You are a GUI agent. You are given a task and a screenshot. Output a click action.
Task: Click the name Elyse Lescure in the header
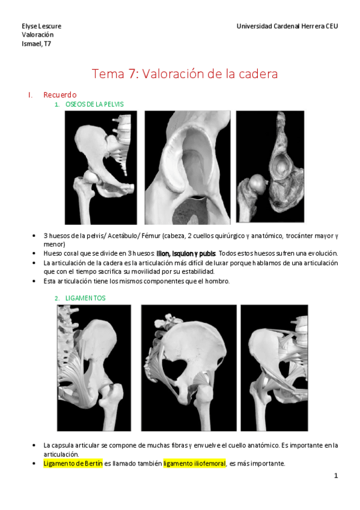tap(41, 26)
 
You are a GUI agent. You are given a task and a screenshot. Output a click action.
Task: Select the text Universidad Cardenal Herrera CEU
tap(287, 26)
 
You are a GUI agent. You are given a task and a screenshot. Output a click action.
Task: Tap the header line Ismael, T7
tap(37, 44)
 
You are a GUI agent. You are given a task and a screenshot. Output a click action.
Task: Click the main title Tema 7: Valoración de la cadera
tap(185, 74)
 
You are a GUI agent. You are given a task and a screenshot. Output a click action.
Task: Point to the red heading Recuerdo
tap(60, 95)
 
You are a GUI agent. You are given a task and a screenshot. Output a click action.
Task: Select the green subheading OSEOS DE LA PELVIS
tap(94, 105)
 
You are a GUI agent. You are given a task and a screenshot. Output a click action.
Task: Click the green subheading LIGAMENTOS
tap(85, 298)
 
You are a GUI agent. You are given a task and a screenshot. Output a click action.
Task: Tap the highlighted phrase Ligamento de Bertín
tap(73, 464)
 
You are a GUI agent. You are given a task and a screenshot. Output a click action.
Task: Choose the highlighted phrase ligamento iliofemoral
tap(194, 464)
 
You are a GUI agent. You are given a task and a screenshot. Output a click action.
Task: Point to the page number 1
tap(336, 476)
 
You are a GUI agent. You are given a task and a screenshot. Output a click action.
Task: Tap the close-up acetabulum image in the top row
tap(188, 168)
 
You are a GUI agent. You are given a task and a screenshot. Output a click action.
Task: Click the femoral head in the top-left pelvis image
tap(91, 177)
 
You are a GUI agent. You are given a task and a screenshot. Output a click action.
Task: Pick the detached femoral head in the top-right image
tap(258, 184)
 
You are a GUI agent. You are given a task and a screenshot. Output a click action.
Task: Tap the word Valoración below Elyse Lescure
tap(38, 35)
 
